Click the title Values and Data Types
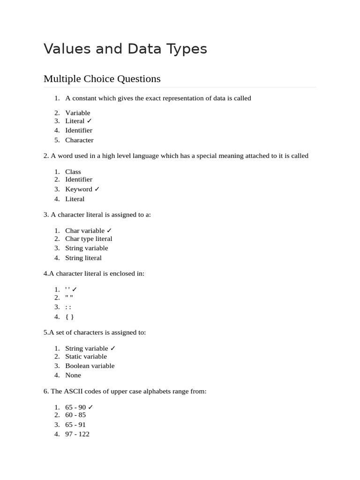point(125,49)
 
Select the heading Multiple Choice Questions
point(102,79)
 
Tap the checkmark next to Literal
point(90,121)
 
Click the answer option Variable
point(78,112)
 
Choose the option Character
point(79,140)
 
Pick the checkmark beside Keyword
point(97,189)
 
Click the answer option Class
point(73,172)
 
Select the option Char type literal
point(89,239)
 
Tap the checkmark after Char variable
point(109,231)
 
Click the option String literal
point(83,258)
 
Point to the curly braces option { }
point(70,316)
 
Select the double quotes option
point(69,297)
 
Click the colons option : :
point(68,307)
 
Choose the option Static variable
point(86,356)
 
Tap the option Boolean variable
point(90,366)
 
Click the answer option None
point(73,375)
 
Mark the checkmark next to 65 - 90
point(91,407)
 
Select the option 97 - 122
point(77,434)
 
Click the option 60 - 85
point(75,415)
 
